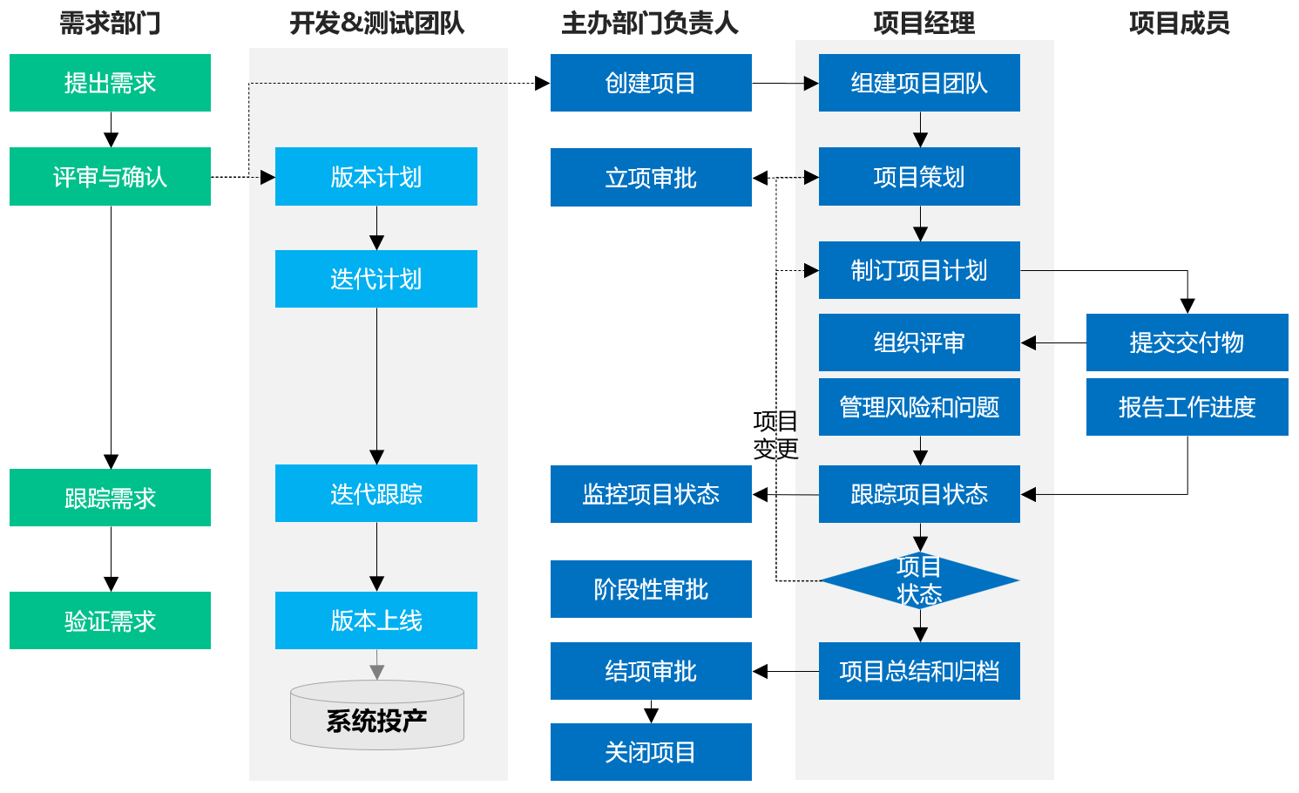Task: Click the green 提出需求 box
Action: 110,83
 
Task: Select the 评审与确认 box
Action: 110,177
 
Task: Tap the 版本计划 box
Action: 375,177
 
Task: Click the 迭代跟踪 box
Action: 375,493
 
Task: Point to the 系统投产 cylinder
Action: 376,716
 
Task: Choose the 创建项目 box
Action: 651,83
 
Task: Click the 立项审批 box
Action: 651,178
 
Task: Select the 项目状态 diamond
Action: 919,580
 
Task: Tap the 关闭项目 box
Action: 651,752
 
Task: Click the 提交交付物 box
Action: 1187,342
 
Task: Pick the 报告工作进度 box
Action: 1187,407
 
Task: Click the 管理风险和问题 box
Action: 919,407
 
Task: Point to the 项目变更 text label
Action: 775,435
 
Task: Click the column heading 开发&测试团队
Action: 376,24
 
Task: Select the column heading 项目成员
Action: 1179,24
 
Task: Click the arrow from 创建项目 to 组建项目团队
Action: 784,84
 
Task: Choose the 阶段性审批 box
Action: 651,589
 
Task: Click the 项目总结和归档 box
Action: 919,671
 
